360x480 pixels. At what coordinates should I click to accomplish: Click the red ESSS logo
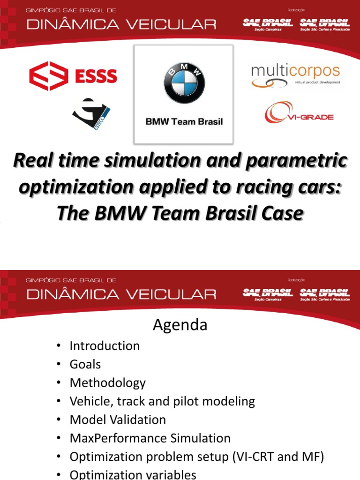pos(73,76)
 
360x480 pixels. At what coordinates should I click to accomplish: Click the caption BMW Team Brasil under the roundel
pos(184,121)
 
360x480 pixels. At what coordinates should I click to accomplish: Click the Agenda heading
pos(180,325)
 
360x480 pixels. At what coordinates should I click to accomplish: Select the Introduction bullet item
pos(105,346)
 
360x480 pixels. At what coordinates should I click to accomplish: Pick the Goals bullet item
pos(85,364)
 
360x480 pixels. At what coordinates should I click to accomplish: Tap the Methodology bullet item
pos(108,382)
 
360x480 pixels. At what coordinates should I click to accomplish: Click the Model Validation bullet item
pos(118,420)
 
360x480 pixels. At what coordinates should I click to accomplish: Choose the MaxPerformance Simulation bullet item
pos(150,438)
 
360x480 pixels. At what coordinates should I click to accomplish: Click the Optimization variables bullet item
pos(133,474)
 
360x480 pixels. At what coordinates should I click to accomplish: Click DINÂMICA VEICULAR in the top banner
pos(121,24)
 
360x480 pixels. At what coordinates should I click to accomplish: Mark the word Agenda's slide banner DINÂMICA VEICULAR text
pos(121,294)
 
